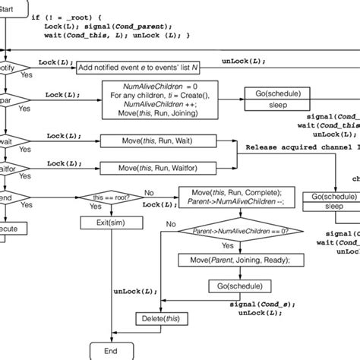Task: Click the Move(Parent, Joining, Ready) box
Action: (x=227, y=260)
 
